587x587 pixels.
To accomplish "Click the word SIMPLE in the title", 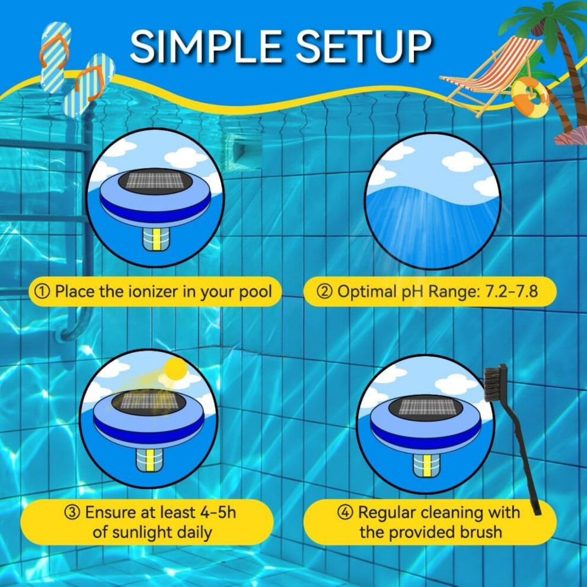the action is pos(206,46).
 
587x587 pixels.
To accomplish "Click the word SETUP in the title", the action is pos(364,46).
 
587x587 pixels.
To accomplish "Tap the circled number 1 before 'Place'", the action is pos(42,292).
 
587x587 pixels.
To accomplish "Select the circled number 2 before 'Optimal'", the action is pos(324,292).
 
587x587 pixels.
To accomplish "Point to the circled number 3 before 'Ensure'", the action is pos(72,512).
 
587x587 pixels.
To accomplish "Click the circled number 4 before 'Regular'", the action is pos(345,512).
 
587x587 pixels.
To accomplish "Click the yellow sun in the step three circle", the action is pos(175,369).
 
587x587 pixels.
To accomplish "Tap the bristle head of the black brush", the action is pos(495,384).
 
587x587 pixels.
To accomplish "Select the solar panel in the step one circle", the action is pos(155,181).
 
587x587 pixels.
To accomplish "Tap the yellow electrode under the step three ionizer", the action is pos(150,460).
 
